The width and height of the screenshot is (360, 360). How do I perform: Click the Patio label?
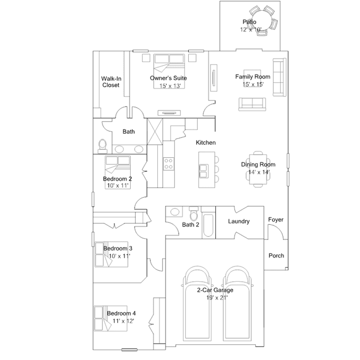coord(250,22)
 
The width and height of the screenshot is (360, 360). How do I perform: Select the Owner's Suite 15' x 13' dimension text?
coord(170,86)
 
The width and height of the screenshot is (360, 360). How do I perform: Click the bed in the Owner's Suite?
coord(169,71)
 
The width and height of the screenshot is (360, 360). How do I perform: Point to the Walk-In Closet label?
coord(111,82)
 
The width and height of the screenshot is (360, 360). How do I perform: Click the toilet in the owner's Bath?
coord(103,146)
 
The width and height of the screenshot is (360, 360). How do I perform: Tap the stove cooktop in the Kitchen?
coord(168,164)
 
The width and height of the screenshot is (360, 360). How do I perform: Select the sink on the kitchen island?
coord(203,171)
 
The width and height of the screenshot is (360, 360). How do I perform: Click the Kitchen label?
coord(206,143)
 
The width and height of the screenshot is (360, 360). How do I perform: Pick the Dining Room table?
coord(258,170)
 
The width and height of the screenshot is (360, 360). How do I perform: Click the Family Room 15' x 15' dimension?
coord(253,85)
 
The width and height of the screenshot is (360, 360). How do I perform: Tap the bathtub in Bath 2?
coord(208,225)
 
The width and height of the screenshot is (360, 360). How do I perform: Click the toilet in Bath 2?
coord(194,214)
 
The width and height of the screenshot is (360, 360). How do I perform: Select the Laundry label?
coord(239,221)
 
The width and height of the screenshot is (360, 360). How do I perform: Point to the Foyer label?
coord(275,220)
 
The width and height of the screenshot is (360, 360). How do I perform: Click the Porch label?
coord(277,256)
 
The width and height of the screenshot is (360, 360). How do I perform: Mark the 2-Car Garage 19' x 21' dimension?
coord(217,298)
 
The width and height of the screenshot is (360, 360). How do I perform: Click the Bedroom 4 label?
coord(121,313)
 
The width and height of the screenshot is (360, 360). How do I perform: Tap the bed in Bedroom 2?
coord(118,172)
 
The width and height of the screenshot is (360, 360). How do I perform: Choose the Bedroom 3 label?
coord(118,248)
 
